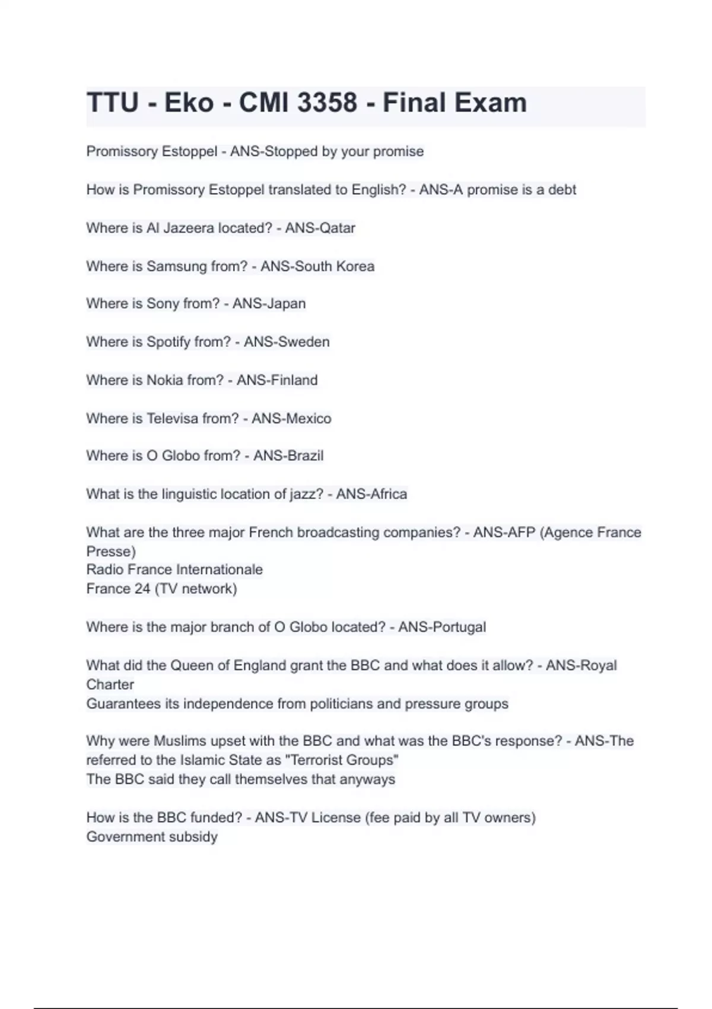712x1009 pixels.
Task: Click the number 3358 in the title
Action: [x=327, y=103]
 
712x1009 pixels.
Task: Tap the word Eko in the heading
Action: [x=189, y=103]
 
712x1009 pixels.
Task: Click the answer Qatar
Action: [x=337, y=228]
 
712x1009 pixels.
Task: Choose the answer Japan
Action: [x=286, y=304]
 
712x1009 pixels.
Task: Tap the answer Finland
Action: [x=294, y=380]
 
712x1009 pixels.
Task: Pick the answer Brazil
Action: [x=305, y=456]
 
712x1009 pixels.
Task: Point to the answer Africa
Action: [x=389, y=494]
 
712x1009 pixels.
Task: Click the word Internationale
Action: [x=223, y=570]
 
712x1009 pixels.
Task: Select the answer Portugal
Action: [x=460, y=627]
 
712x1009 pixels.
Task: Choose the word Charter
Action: [x=110, y=684]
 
